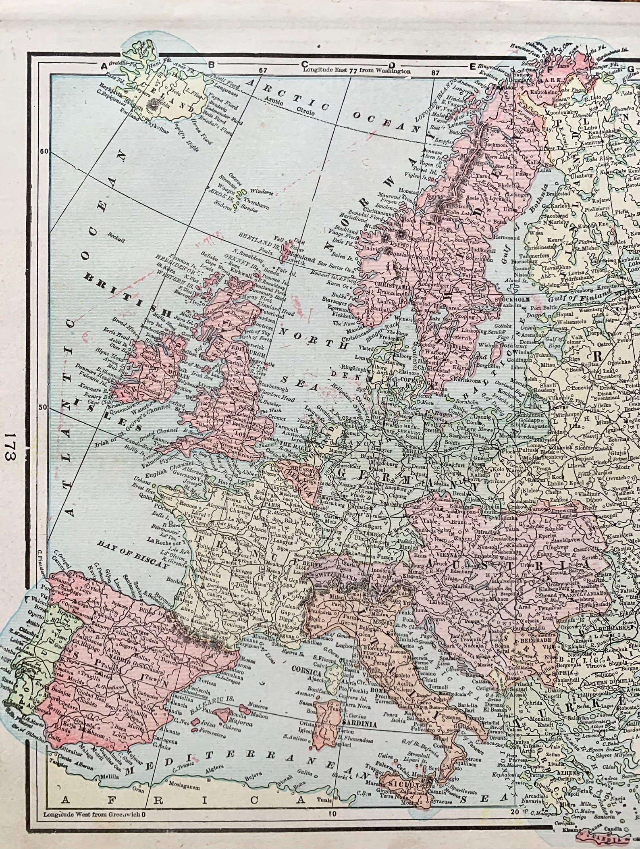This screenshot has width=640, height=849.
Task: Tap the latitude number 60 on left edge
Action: pos(44,151)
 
